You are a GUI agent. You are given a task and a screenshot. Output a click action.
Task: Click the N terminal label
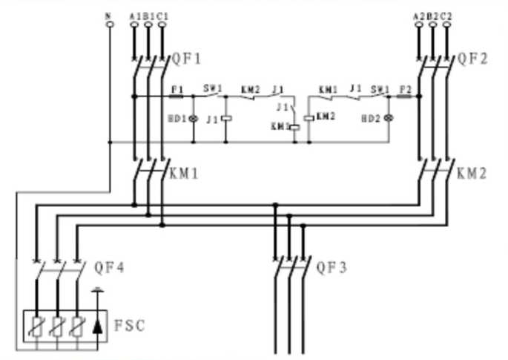pyautogui.click(x=109, y=15)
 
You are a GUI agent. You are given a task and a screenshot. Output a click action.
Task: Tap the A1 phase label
pyautogui.click(x=133, y=15)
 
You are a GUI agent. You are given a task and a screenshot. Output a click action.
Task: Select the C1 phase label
pyautogui.click(x=162, y=15)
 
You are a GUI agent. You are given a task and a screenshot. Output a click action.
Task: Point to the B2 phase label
pyautogui.click(x=432, y=15)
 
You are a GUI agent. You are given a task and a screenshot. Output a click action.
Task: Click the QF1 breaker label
pyautogui.click(x=186, y=58)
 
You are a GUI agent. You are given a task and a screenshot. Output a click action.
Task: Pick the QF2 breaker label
pyautogui.click(x=472, y=58)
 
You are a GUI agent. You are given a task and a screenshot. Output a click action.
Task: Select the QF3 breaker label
pyautogui.click(x=331, y=267)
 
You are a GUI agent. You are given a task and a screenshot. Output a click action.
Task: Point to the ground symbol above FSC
pyautogui.click(x=97, y=291)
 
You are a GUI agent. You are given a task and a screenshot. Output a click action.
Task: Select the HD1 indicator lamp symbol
pyautogui.click(x=194, y=119)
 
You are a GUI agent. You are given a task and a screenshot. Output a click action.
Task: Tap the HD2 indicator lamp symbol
pyautogui.click(x=387, y=119)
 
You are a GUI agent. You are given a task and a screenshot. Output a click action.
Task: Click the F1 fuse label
pyautogui.click(x=177, y=88)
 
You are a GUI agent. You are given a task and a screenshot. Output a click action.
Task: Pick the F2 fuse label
pyautogui.click(x=404, y=88)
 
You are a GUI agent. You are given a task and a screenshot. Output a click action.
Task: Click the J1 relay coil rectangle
pyautogui.click(x=227, y=119)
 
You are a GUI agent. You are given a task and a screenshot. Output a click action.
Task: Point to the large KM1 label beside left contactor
pyautogui.click(x=185, y=175)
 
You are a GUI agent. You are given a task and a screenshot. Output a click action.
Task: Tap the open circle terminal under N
pyautogui.click(x=109, y=25)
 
